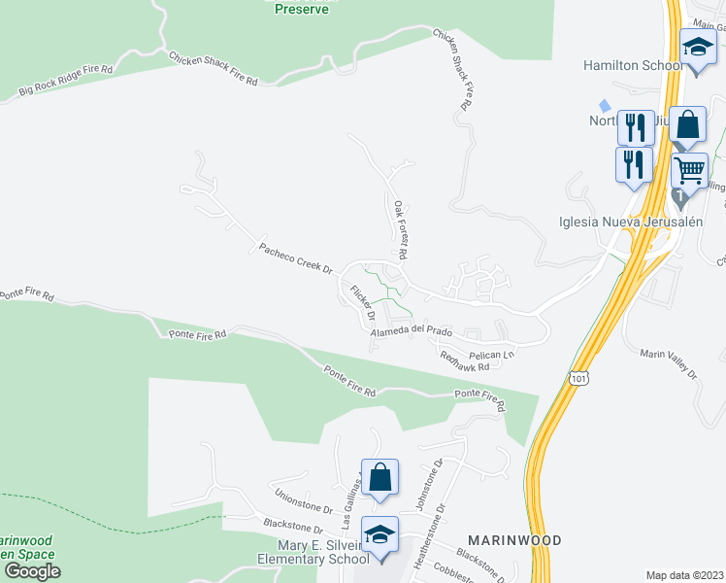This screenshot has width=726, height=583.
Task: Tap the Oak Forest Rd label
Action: pyautogui.click(x=399, y=228)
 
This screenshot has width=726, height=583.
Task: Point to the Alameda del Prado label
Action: pyautogui.click(x=412, y=331)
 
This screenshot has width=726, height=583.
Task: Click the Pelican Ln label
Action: pyautogui.click(x=490, y=355)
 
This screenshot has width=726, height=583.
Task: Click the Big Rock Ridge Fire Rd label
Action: pyautogui.click(x=66, y=83)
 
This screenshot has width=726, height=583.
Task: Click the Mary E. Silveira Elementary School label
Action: pyautogui.click(x=313, y=552)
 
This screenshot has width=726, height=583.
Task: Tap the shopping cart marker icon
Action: pyautogui.click(x=689, y=171)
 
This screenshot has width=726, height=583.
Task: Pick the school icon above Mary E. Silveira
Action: pyautogui.click(x=379, y=534)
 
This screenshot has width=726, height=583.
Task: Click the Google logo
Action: pyautogui.click(x=33, y=570)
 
